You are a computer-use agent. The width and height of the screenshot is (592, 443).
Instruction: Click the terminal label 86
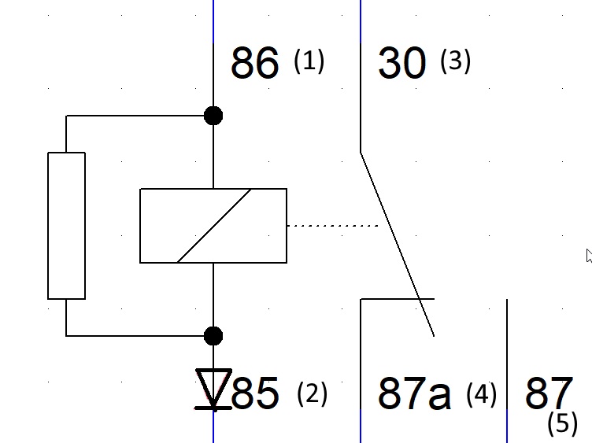coord(254,63)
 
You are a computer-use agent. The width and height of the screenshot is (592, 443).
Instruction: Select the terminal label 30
coord(402,63)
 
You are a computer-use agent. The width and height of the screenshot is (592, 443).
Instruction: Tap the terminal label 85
coord(256,393)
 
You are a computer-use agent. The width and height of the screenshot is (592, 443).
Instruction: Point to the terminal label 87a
coord(414,393)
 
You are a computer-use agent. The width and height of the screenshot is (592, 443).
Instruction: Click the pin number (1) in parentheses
coord(309,61)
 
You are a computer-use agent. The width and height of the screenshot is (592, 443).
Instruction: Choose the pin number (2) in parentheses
coord(312,393)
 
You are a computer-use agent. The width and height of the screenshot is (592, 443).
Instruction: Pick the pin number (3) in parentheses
coord(455,61)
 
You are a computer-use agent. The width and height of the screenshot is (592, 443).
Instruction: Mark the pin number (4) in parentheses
coord(481,393)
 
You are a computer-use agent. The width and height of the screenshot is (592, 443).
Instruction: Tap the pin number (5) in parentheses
coord(562,423)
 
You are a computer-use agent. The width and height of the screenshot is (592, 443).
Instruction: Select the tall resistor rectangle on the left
coord(66,226)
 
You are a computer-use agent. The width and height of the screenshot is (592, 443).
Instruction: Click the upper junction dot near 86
coord(213,116)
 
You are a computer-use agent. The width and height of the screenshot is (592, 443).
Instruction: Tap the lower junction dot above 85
coord(213,336)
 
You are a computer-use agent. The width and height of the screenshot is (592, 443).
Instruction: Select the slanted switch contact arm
coord(398,245)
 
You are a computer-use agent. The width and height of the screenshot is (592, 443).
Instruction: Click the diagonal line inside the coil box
coord(214,226)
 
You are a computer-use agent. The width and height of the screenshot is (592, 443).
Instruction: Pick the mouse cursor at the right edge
coord(588,255)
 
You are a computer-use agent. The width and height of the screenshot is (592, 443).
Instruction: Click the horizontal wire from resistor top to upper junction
coord(138,116)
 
